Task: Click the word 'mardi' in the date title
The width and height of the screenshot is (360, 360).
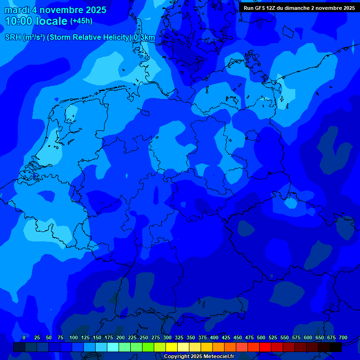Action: pos(17,10)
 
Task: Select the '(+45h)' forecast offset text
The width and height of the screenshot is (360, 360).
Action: pos(81,21)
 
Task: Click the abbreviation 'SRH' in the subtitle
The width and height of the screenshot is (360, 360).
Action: pos(13,37)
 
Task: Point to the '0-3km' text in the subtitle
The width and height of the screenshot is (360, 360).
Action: pos(144,37)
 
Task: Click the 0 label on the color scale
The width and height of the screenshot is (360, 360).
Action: pos(24,337)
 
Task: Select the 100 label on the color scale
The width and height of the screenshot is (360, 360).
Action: pos(74,337)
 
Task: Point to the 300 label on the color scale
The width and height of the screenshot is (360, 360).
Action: pos(167,337)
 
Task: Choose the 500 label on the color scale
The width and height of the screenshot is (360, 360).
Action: pos(261,337)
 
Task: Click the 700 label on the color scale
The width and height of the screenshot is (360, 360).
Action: pos(343,337)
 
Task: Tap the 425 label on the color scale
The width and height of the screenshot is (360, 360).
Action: pos(226,337)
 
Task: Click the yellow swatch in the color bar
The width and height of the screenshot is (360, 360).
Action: pos(172,347)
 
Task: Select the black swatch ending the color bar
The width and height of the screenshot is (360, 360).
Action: pos(336,347)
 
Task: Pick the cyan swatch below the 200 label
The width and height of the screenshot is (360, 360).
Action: pos(113,347)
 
